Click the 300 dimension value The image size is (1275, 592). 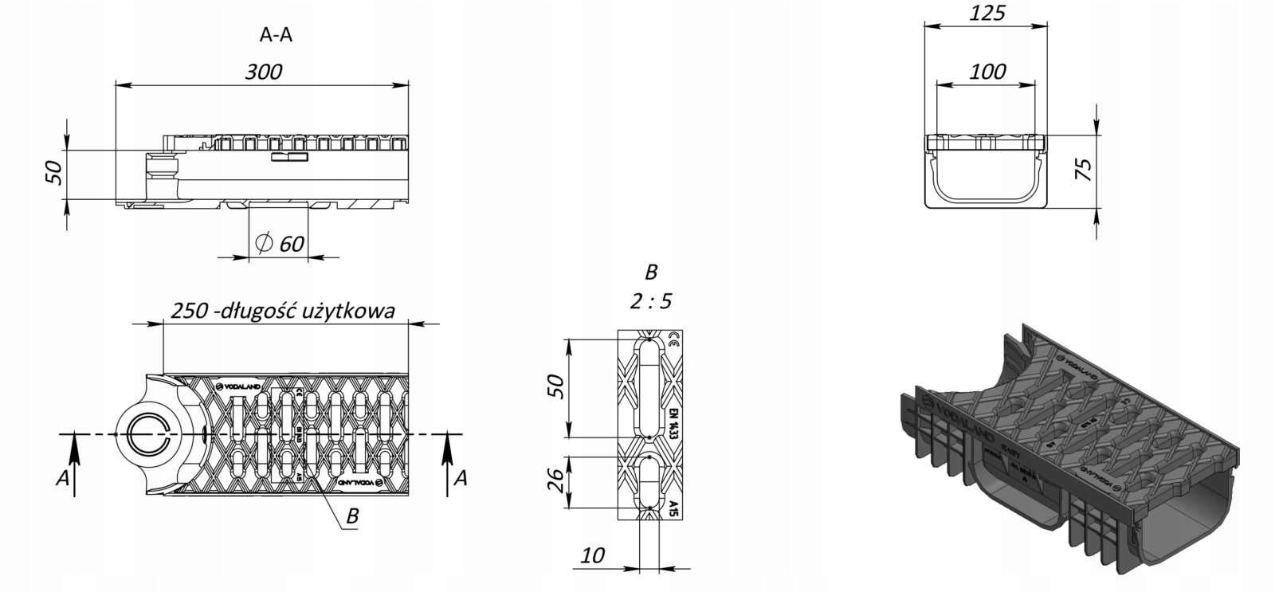[x=264, y=72]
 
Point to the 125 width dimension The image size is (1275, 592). [x=988, y=13]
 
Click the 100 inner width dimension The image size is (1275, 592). [x=987, y=71]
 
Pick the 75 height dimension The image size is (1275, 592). [x=1084, y=170]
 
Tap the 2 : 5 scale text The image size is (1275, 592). [x=651, y=301]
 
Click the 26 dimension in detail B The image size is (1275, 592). [x=558, y=480]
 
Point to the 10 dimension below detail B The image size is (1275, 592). [x=593, y=555]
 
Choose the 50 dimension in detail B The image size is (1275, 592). [x=558, y=386]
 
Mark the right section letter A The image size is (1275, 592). [x=460, y=478]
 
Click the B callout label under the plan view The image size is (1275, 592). [x=352, y=516]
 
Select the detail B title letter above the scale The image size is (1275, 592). [x=651, y=272]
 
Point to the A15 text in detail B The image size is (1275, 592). [x=673, y=508]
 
